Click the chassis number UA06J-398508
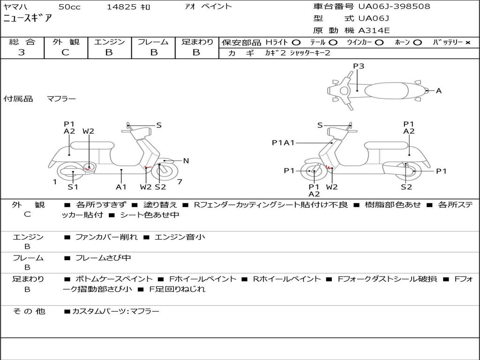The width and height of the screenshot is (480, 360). pyautogui.click(x=394, y=6)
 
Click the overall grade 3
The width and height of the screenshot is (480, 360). pyautogui.click(x=22, y=52)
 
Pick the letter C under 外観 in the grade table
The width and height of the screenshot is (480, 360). pyautogui.click(x=65, y=52)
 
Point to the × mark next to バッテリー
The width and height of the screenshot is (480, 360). pyautogui.click(x=468, y=43)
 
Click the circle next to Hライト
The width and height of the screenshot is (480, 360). pyautogui.click(x=296, y=43)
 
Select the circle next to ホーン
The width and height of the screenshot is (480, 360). pyautogui.click(x=417, y=43)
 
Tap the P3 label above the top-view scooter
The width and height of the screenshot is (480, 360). pyautogui.click(x=359, y=66)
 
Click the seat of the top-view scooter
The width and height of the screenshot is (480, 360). pyautogui.click(x=386, y=90)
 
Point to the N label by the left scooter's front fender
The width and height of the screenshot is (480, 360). pyautogui.click(x=186, y=161)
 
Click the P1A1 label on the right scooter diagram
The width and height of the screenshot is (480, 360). pyautogui.click(x=283, y=142)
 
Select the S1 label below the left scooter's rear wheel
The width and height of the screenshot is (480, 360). pyautogui.click(x=73, y=187)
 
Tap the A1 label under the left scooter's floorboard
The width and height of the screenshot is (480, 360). pyautogui.click(x=121, y=187)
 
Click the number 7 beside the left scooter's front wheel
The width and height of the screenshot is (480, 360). pyautogui.click(x=180, y=182)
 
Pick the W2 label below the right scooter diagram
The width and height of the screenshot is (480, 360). pyautogui.click(x=332, y=187)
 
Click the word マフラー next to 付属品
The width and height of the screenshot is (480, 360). pyautogui.click(x=61, y=99)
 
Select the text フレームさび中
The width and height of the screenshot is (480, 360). pyautogui.click(x=103, y=258)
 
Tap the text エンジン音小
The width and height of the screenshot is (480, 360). pyautogui.click(x=180, y=237)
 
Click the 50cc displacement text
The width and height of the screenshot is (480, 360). pyautogui.click(x=69, y=7)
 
